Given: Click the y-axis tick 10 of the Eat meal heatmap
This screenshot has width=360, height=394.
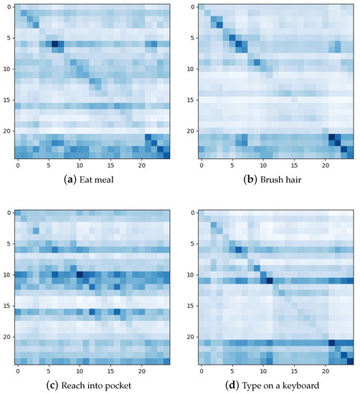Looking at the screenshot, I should pos(7,69).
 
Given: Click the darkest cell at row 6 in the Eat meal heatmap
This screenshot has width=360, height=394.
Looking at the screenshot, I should pos(55,44).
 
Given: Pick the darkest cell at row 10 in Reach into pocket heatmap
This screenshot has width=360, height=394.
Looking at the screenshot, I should pos(80,274).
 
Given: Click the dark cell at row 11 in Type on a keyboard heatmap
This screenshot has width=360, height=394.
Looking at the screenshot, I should pos(270,280).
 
